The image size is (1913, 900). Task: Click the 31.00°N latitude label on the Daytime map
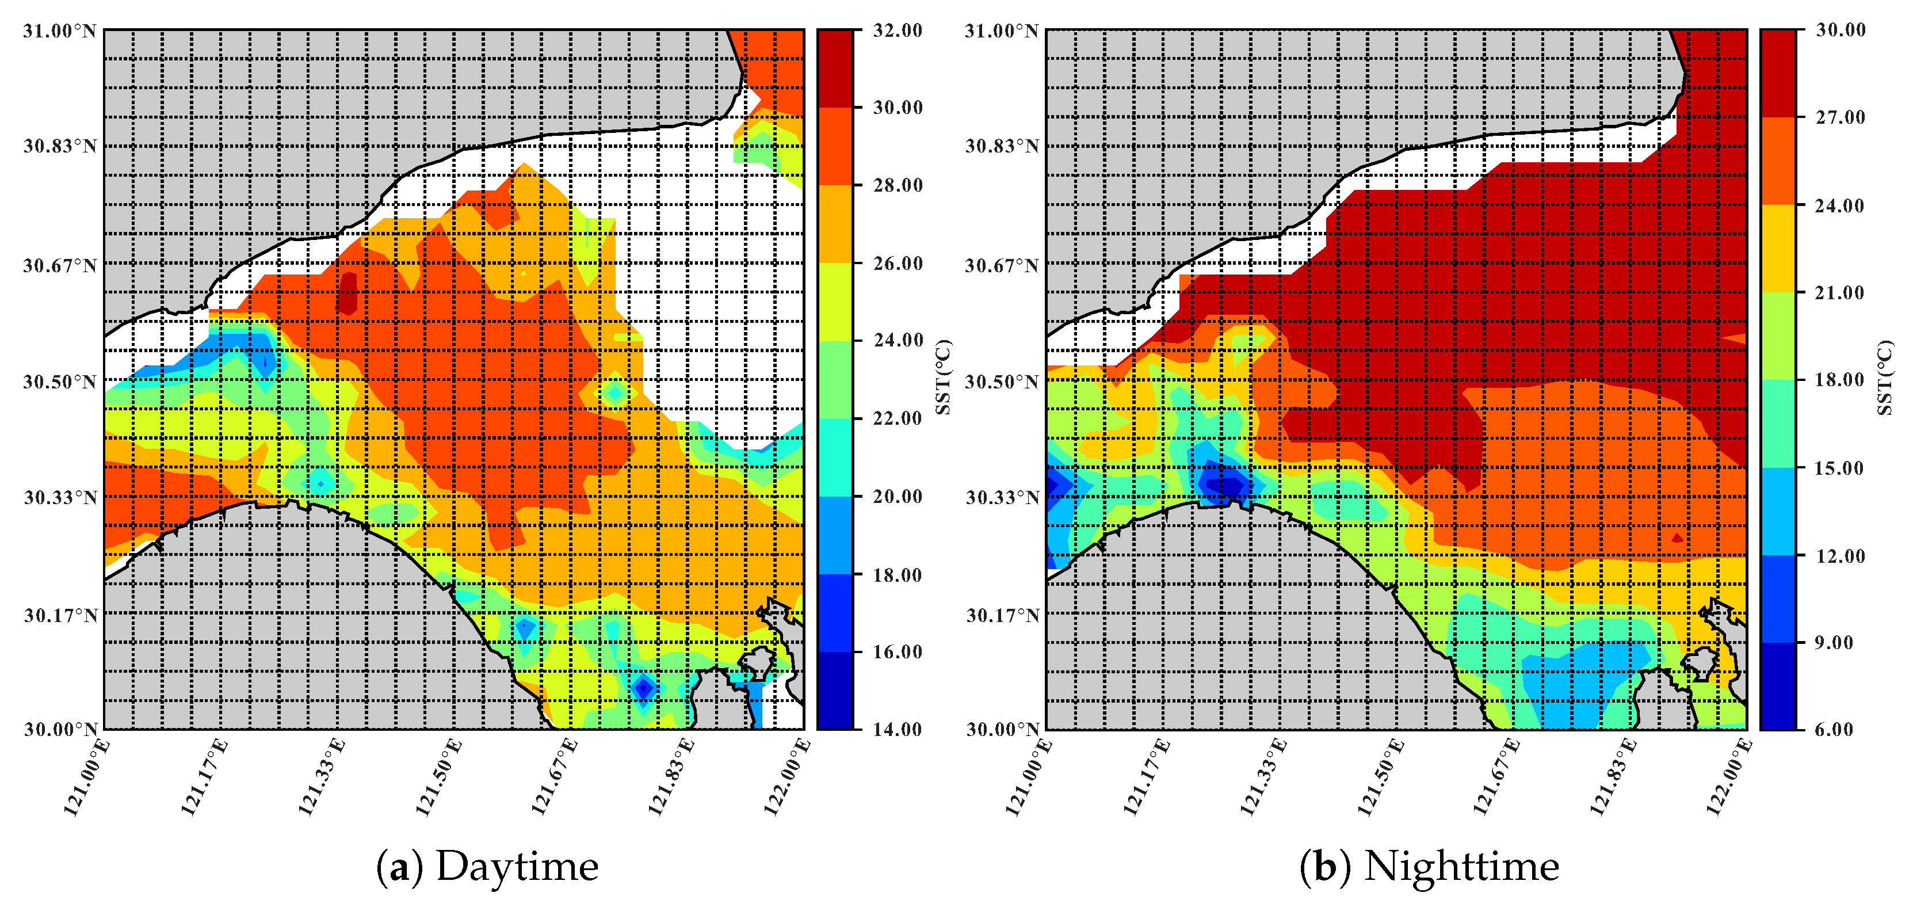[59, 31]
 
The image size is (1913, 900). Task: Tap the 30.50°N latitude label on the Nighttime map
[1001, 382]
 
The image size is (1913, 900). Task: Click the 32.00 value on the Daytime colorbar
[897, 30]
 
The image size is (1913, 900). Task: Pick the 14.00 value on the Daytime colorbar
[897, 729]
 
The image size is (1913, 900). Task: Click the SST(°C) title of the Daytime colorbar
[942, 377]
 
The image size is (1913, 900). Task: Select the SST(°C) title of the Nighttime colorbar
[1885, 377]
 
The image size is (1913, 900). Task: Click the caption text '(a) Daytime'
[487, 867]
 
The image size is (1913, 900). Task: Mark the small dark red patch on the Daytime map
[347, 293]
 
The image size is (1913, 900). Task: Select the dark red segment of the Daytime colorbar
[835, 68]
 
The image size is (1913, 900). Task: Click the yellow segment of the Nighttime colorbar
[1777, 248]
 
